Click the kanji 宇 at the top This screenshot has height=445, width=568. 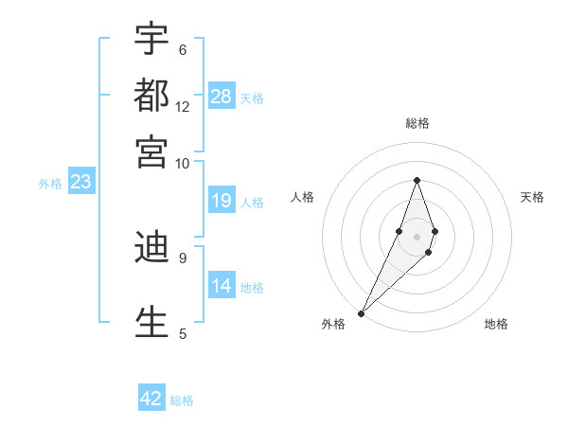click(151, 39)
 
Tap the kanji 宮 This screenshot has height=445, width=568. click(151, 151)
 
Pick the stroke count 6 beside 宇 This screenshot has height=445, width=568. click(182, 49)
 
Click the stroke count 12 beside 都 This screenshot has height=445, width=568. click(183, 106)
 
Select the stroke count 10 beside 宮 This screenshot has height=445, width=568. click(183, 163)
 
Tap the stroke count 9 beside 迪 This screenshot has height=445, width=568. click(182, 257)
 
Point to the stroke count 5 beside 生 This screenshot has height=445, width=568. click(182, 333)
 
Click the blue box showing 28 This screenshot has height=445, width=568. click(222, 97)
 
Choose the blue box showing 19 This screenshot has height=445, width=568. click(222, 201)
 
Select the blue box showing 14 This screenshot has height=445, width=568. click(222, 286)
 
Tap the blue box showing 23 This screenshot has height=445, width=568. click(80, 183)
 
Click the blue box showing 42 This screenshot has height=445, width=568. click(151, 399)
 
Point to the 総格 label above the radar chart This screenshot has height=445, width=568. click(417, 123)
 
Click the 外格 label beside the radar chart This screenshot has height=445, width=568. click(333, 324)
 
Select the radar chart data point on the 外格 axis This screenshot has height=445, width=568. click(362, 312)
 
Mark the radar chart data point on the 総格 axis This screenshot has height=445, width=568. click(417, 180)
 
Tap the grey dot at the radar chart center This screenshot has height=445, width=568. click(417, 236)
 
